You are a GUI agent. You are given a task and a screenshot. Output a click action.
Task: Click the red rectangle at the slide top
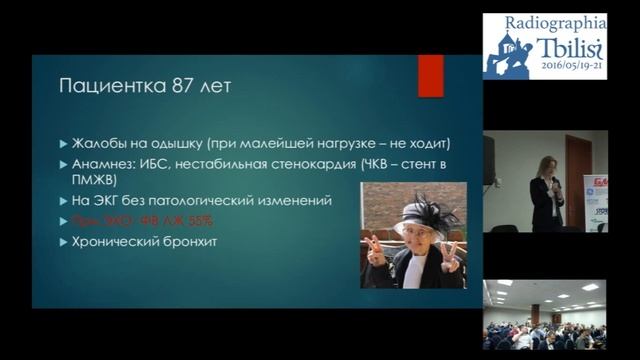pyautogui.click(x=431, y=76)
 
